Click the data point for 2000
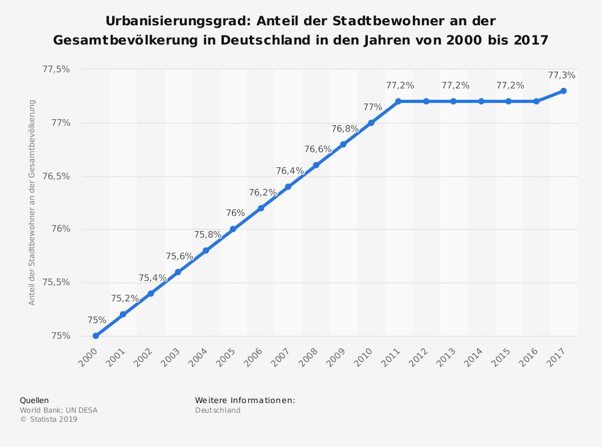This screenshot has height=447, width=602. click(96, 336)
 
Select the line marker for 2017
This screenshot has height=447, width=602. click(563, 91)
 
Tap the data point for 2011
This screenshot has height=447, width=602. click(399, 101)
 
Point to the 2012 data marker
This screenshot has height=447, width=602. click(426, 101)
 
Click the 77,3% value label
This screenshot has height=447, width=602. click(562, 76)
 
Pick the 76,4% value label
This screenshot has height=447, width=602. click(290, 171)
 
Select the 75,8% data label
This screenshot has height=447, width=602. click(208, 235)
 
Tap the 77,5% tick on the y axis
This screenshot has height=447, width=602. click(56, 70)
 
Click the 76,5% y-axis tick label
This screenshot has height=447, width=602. click(56, 176)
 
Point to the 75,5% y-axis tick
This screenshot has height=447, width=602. click(56, 283)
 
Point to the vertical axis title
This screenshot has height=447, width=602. click(32, 202)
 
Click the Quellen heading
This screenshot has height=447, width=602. click(34, 400)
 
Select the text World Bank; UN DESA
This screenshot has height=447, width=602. click(58, 410)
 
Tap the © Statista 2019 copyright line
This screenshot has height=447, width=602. click(49, 420)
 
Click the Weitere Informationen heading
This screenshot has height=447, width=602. click(245, 400)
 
